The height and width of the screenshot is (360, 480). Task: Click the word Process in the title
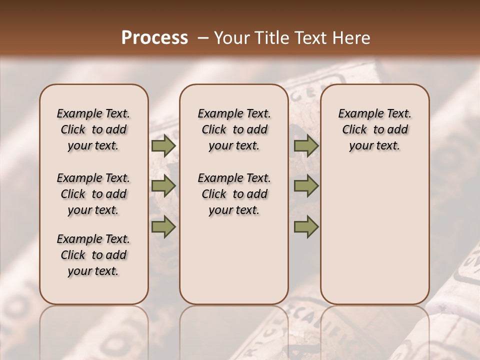(x=154, y=38)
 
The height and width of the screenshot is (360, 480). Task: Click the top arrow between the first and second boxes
(x=163, y=146)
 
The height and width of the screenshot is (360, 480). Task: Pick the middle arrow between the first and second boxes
(x=163, y=186)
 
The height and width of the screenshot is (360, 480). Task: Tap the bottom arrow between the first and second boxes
(x=163, y=226)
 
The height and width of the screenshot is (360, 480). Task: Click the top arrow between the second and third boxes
(x=306, y=146)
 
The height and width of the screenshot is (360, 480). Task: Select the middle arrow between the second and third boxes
(x=306, y=186)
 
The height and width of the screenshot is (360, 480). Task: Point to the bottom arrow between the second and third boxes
(x=306, y=226)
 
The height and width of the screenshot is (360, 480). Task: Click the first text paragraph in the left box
(x=93, y=129)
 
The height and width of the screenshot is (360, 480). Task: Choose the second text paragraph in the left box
(x=93, y=194)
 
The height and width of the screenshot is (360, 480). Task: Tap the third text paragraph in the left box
(x=93, y=255)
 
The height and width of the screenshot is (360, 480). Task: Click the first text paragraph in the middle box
(x=234, y=129)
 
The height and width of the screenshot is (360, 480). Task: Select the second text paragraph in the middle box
(x=234, y=194)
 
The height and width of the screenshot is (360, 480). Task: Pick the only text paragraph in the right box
(x=374, y=129)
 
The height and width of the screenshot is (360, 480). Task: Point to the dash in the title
(x=203, y=38)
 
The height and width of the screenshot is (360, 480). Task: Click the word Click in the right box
(x=354, y=130)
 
